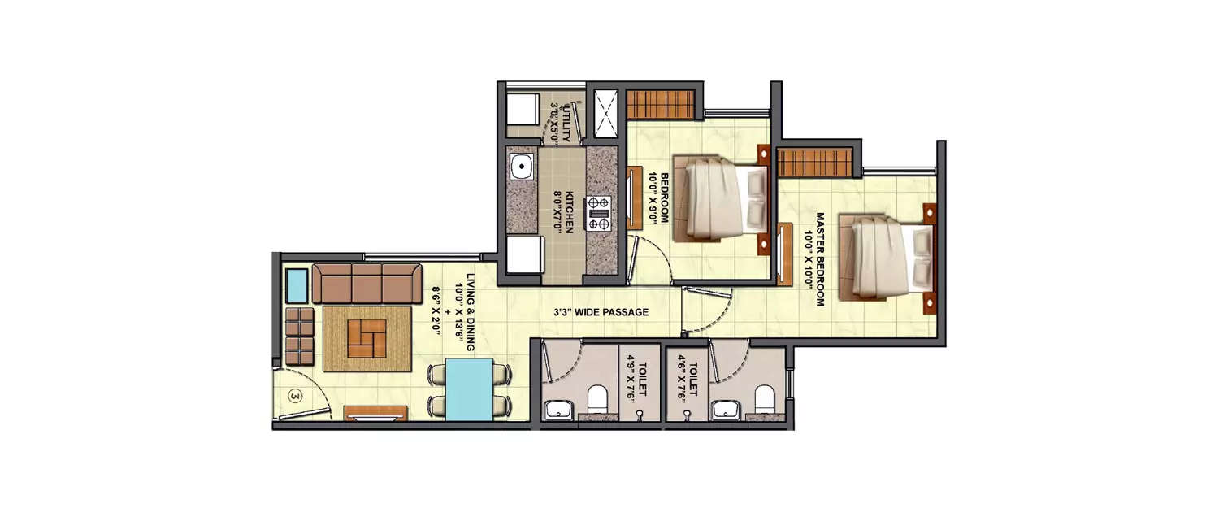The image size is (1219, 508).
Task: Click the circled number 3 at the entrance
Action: [x=295, y=397]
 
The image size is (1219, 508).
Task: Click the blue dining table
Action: [x=470, y=389]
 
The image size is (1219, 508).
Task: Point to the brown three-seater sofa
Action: [x=367, y=283]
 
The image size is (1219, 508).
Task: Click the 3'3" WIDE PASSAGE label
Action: [x=601, y=312]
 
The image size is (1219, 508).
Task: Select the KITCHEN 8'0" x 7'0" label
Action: [x=564, y=212]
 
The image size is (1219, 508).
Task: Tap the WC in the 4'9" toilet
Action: [x=599, y=398]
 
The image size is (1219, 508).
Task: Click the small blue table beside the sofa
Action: [x=297, y=285]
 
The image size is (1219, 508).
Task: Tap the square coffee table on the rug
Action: [x=367, y=338]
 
